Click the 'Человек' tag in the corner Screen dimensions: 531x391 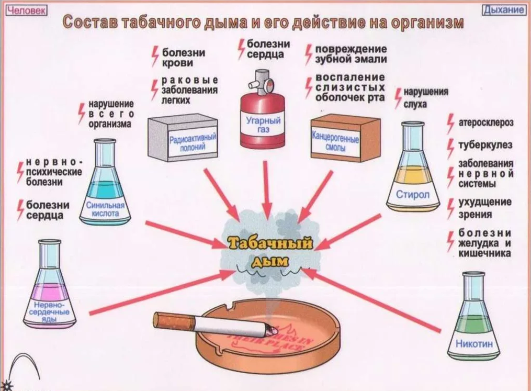[x=27, y=10]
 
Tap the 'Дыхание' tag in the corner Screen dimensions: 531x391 [x=504, y=10]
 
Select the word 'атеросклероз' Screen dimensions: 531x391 [x=485, y=122]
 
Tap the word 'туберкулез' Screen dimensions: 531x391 [x=485, y=144]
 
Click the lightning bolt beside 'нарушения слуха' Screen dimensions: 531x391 [x=398, y=98]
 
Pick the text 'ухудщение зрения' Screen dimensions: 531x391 [x=484, y=208]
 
